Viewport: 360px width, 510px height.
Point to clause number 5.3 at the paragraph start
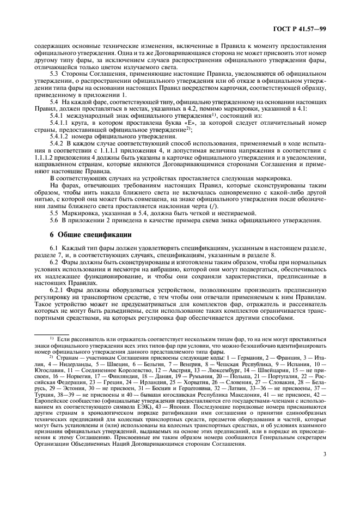54,73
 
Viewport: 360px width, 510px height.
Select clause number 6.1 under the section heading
54,248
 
